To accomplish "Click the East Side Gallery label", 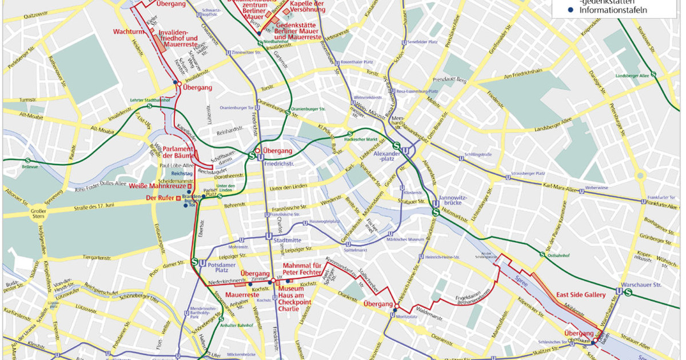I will (x=580, y=295).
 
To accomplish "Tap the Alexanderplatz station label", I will (x=384, y=157).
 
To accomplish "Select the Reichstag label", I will (x=182, y=173).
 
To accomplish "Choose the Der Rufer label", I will (x=159, y=198).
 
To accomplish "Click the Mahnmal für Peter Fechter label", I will (x=304, y=269).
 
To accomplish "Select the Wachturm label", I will (x=127, y=31).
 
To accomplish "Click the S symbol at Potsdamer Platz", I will (x=194, y=262).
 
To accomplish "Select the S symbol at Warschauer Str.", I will (x=628, y=293).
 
